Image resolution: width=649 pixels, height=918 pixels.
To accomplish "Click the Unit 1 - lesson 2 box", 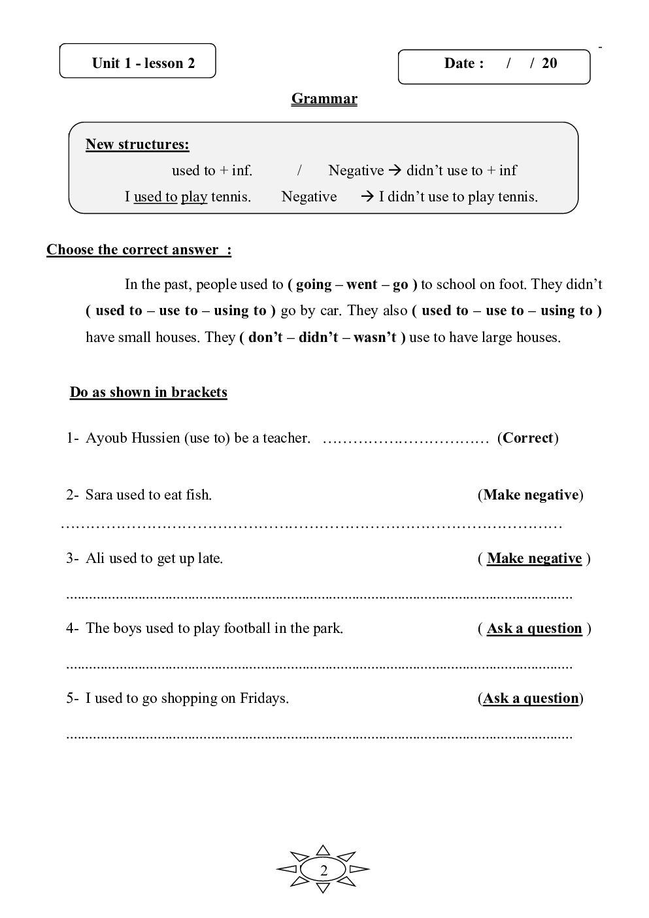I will (138, 61).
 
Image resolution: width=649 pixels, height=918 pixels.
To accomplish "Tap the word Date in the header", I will (459, 63).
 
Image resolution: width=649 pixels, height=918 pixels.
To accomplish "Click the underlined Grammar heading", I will (324, 99).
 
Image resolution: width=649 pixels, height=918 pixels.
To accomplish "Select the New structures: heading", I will (137, 144).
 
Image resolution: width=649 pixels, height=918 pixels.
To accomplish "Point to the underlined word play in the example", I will (194, 197).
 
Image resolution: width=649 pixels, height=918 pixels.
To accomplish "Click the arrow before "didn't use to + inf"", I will (394, 171).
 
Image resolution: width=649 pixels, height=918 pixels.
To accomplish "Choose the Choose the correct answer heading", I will (139, 250).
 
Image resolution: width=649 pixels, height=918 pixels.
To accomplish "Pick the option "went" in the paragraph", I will (362, 284).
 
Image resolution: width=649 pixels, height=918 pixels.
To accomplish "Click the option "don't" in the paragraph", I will (265, 337).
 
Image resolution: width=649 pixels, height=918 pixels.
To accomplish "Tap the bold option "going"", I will (314, 284).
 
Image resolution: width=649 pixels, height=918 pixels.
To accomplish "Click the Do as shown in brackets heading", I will (148, 392).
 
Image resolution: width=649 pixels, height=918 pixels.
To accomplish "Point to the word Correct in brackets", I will (527, 438).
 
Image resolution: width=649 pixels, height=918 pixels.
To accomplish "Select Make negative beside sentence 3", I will (534, 558).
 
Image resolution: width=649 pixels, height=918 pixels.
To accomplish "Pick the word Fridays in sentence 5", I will (263, 698).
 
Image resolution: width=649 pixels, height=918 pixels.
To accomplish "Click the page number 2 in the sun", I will (324, 870).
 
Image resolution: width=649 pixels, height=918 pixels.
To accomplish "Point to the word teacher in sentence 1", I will (286, 438).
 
